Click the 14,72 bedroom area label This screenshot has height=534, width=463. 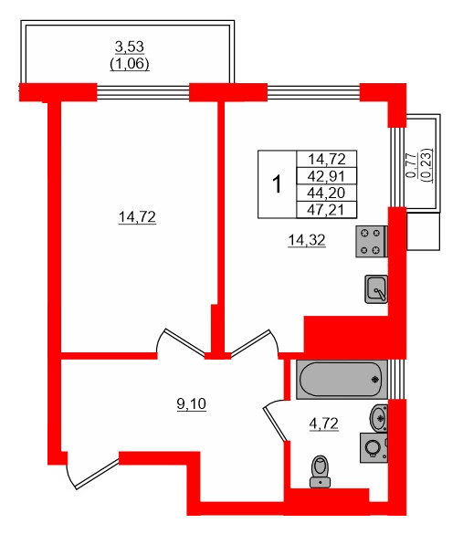(137, 216)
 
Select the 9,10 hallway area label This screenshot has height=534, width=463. (190, 403)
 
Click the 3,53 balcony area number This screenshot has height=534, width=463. (130, 47)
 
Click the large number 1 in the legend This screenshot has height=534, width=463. (278, 184)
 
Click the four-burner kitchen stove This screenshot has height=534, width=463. (373, 241)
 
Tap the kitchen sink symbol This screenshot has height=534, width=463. (375, 288)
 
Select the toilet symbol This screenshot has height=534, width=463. (320, 469)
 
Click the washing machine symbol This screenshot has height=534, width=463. (374, 449)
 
